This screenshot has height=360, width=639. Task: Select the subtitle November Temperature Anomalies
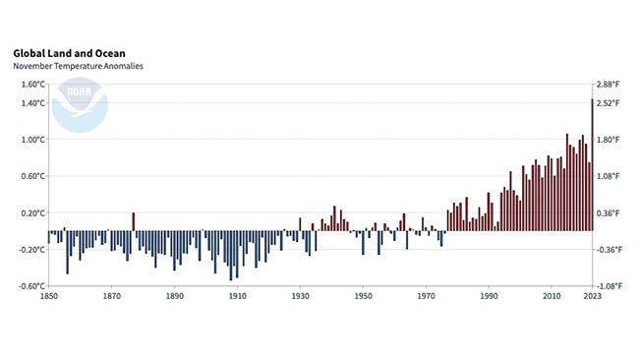point(78,66)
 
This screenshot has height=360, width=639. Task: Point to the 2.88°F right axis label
point(610,85)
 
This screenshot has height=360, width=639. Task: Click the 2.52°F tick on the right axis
point(610,103)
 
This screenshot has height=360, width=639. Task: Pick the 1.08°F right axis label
point(610,176)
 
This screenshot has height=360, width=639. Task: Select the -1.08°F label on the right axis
point(610,286)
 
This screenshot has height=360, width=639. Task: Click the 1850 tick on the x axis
point(48,296)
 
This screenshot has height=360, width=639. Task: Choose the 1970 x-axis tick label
point(426,296)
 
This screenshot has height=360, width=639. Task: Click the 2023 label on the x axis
point(592,296)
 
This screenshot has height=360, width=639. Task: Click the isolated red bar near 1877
point(134,222)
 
